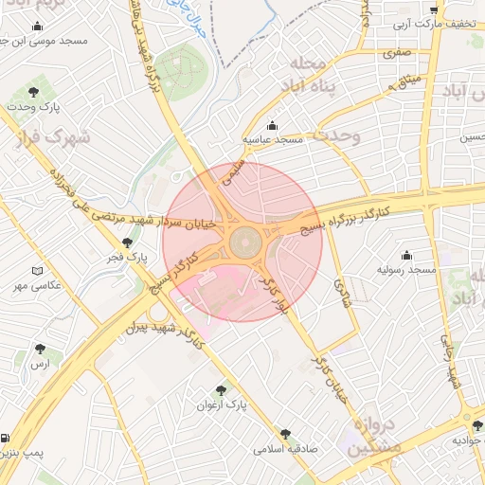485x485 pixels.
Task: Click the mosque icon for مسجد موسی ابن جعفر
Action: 38,27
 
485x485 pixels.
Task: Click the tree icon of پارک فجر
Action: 127,242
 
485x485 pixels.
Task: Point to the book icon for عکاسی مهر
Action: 37,271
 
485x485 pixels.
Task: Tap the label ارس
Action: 39,364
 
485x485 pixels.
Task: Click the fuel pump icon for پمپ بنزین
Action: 7,440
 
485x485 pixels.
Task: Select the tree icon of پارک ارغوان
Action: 221,389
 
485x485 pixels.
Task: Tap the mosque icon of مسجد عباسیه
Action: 273,125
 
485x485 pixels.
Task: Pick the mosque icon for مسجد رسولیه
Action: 407,255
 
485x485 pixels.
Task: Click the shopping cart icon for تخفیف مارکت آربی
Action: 434,9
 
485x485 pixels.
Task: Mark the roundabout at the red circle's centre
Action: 242,242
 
